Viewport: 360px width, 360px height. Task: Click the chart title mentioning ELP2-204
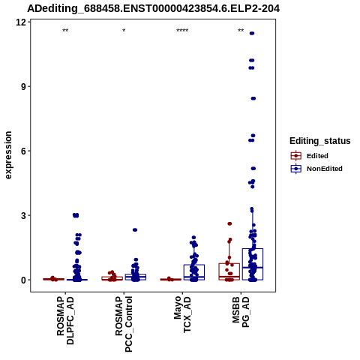click(153, 8)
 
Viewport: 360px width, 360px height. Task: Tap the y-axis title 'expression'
click(8, 155)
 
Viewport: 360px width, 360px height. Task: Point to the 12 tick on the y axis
click(21, 22)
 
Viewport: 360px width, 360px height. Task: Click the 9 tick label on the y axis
click(23, 86)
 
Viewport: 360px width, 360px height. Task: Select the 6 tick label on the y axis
click(23, 151)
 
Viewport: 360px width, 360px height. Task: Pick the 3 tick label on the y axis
click(23, 215)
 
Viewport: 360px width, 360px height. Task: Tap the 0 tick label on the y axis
click(23, 280)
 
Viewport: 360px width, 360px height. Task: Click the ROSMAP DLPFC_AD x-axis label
click(65, 320)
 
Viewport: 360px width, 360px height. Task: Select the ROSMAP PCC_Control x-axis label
click(124, 324)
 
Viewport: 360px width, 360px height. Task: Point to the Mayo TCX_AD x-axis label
click(182, 314)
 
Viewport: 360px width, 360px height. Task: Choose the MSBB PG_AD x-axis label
click(241, 312)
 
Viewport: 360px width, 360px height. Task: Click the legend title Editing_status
click(320, 141)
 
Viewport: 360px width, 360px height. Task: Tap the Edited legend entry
click(310, 156)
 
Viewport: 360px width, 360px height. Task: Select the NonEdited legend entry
click(316, 169)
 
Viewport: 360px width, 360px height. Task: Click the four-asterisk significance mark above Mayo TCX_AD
click(182, 31)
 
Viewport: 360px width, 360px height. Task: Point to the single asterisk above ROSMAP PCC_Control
click(124, 31)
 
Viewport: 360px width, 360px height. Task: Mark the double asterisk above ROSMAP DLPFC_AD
click(65, 31)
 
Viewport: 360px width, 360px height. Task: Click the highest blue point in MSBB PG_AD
click(252, 34)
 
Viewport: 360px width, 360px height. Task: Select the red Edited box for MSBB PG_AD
click(229, 271)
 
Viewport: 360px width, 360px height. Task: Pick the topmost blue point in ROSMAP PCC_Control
click(135, 230)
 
